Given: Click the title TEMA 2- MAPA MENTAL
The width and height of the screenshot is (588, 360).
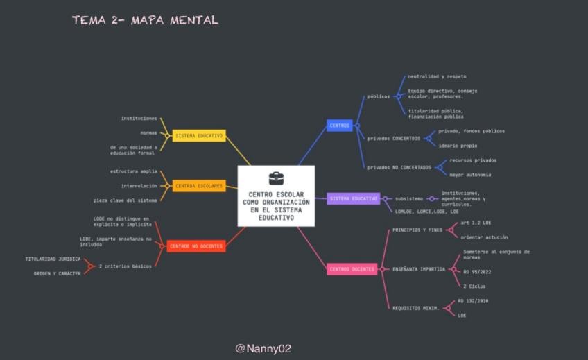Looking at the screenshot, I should tap(145, 20).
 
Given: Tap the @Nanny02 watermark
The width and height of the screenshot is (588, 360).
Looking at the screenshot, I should tap(263, 348).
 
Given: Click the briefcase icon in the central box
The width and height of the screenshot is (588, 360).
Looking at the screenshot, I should tap(276, 178).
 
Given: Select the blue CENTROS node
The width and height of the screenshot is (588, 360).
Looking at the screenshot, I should tap(340, 126).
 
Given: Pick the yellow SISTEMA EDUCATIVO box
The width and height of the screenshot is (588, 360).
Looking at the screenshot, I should tap(199, 136).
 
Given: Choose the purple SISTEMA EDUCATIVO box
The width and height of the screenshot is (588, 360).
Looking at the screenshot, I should tap(354, 199).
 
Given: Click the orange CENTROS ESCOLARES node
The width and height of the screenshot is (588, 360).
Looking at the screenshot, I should tap(199, 186).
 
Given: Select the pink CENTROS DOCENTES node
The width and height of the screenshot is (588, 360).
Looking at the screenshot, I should tap(352, 269).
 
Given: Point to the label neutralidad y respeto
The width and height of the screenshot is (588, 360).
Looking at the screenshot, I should tap(437, 76).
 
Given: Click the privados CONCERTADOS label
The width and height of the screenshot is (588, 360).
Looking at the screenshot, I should tap(394, 138).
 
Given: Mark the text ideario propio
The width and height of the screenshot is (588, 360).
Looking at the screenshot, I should tap(458, 146).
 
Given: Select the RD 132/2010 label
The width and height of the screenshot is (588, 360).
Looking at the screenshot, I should tap(474, 301).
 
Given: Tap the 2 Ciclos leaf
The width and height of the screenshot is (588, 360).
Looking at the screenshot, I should tap(474, 286).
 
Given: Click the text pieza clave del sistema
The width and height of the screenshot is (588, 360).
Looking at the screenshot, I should tap(126, 200).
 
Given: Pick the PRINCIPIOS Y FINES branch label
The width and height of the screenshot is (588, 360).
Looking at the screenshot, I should tap(417, 230).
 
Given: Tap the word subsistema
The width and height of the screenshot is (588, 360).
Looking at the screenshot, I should tap(408, 199).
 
